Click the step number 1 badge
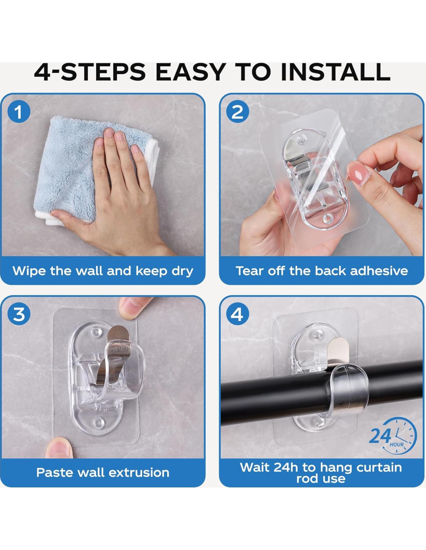[x=19, y=112]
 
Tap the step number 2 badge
[x=237, y=112]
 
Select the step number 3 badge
[x=19, y=314]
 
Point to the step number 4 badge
[x=237, y=314]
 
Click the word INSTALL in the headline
[x=335, y=72]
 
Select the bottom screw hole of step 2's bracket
[x=328, y=218]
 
